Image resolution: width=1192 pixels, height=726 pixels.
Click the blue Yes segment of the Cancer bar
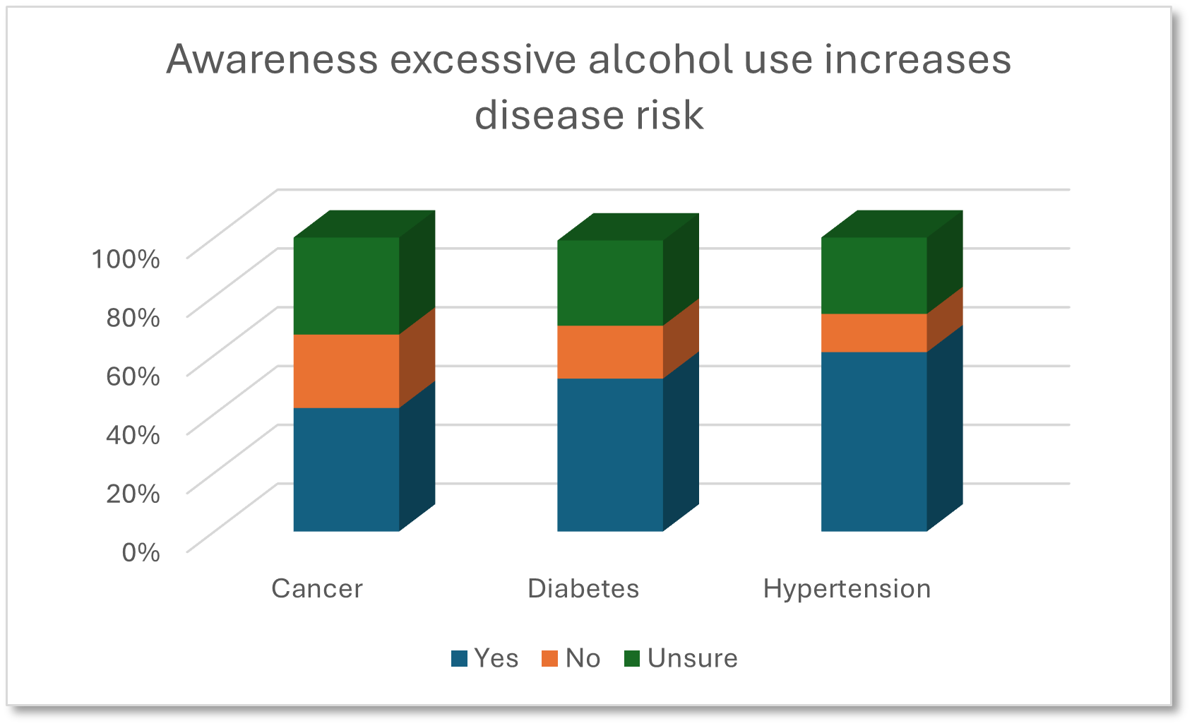pyautogui.click(x=346, y=470)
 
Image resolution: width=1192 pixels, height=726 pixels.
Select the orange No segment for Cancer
pyautogui.click(x=346, y=371)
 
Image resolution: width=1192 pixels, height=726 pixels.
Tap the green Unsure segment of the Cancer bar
pyautogui.click(x=346, y=286)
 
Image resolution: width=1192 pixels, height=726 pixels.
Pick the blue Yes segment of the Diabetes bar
pyautogui.click(x=610, y=455)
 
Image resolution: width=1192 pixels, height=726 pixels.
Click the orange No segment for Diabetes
pyautogui.click(x=610, y=352)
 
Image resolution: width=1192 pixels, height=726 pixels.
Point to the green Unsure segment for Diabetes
pyautogui.click(x=610, y=282)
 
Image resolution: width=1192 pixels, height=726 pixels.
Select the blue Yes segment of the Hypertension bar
pyautogui.click(x=874, y=441)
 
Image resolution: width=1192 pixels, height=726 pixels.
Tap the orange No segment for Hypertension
pyautogui.click(x=874, y=333)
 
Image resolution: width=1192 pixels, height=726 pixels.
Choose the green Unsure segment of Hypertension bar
pyautogui.click(x=874, y=275)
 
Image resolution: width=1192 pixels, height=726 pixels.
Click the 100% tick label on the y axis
pyautogui.click(x=126, y=258)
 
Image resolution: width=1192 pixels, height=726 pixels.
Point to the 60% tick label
pyautogui.click(x=133, y=376)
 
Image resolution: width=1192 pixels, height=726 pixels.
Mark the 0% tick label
pyautogui.click(x=141, y=552)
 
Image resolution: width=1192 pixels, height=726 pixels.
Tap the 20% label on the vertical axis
pyautogui.click(x=133, y=493)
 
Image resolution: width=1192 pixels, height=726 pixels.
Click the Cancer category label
pyautogui.click(x=316, y=588)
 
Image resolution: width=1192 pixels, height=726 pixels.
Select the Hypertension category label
pyautogui.click(x=847, y=588)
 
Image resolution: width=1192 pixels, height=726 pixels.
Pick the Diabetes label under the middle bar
pyautogui.click(x=583, y=588)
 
